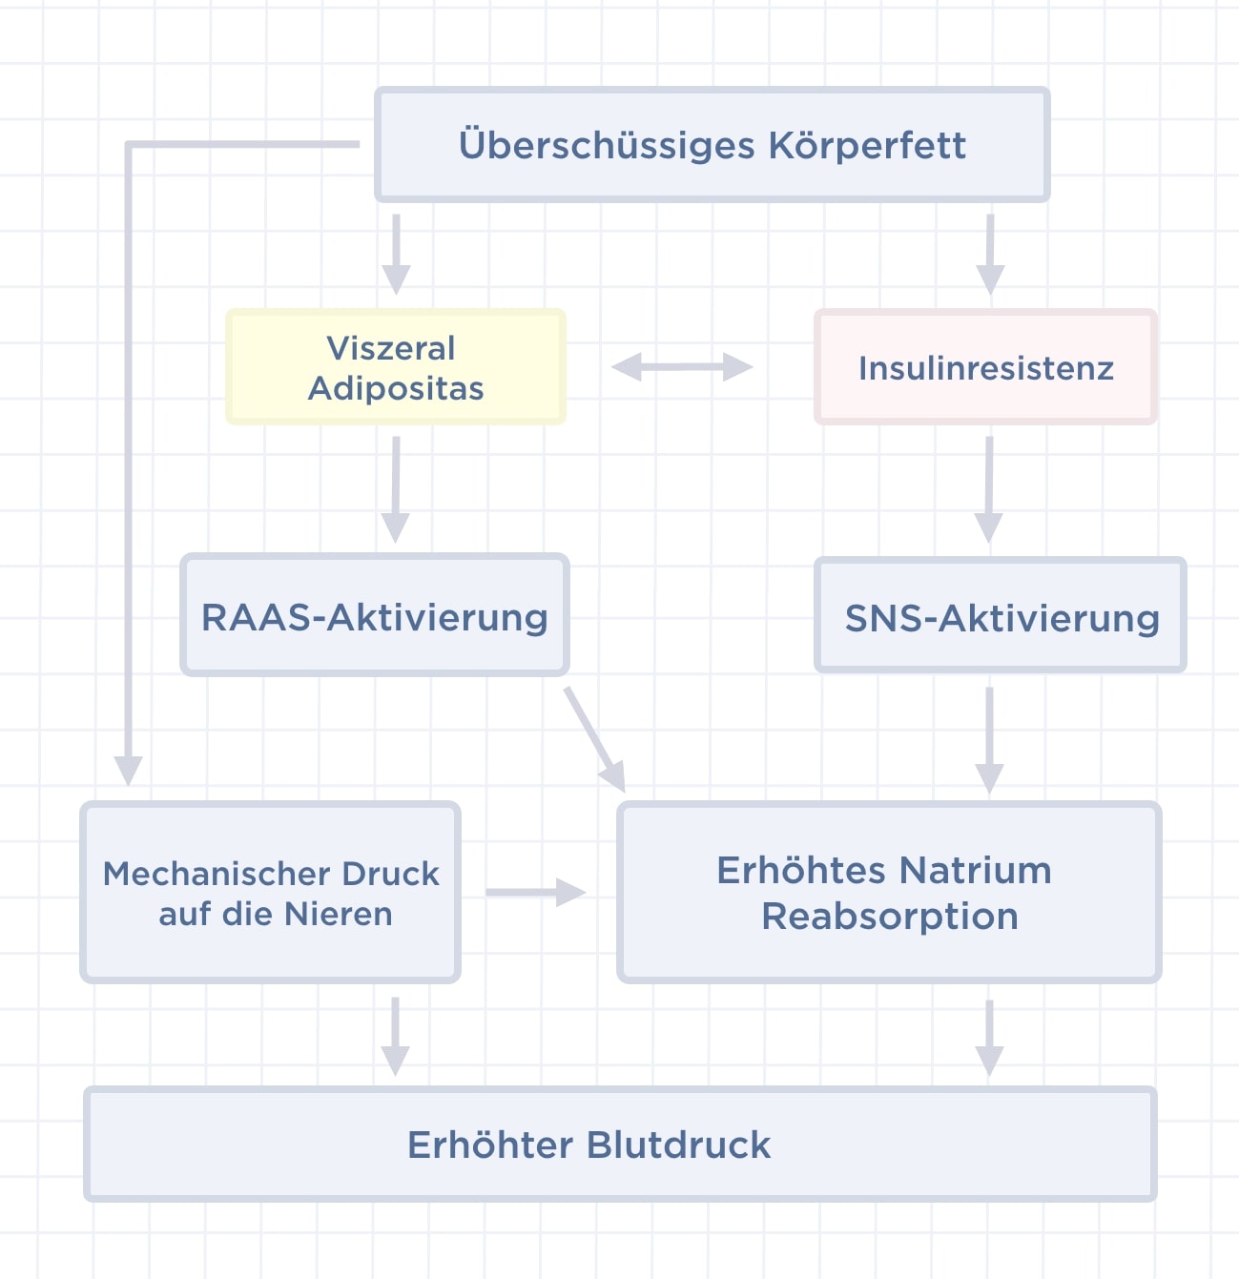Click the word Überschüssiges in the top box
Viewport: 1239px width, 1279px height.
tap(606, 146)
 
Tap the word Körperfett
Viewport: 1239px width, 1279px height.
tap(867, 145)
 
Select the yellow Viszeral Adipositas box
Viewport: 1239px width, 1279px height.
tap(396, 367)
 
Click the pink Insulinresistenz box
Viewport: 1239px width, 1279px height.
tap(985, 367)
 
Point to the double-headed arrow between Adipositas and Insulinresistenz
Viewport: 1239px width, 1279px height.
tap(682, 367)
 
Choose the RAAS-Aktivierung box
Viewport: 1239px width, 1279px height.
tap(375, 614)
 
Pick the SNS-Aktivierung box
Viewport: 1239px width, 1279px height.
tap(1000, 615)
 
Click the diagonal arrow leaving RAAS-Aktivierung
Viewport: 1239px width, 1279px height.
tap(594, 739)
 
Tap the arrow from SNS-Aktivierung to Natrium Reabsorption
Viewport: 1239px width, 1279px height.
tap(989, 741)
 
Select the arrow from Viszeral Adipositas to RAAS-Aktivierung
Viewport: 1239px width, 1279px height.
tap(396, 489)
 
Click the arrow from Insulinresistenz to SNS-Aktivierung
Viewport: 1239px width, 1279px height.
tap(988, 489)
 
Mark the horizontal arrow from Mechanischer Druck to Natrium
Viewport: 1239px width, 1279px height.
tap(536, 892)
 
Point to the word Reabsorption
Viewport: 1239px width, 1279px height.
tap(890, 917)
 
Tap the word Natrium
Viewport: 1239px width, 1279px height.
tap(975, 871)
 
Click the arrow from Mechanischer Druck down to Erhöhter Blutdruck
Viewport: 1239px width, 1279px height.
tap(395, 1036)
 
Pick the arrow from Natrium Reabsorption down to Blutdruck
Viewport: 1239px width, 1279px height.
tap(989, 1038)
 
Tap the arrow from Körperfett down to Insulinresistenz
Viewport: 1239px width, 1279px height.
tap(990, 255)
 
